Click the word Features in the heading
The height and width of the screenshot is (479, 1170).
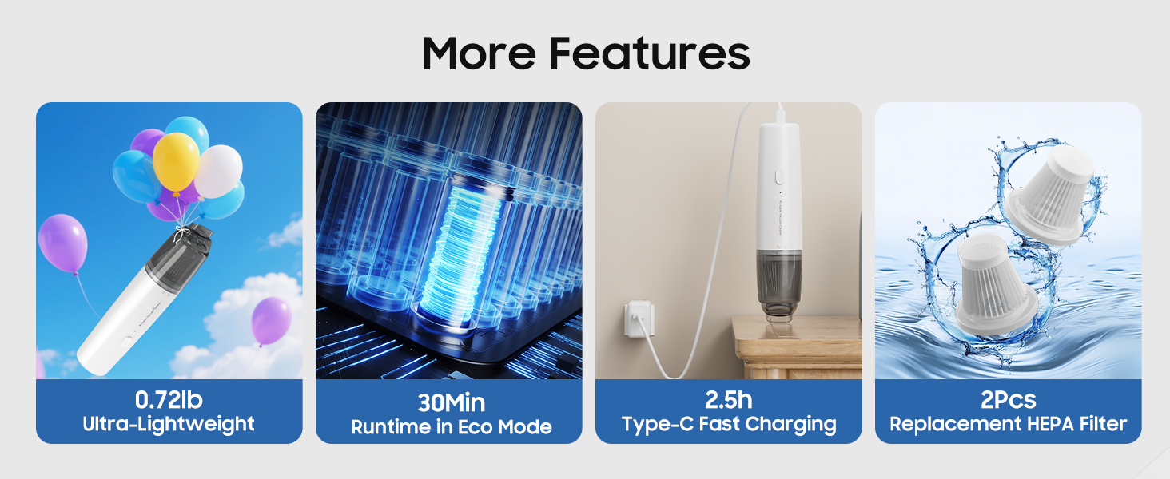(x=650, y=53)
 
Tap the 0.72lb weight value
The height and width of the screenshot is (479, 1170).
(x=169, y=399)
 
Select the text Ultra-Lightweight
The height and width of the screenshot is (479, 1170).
(x=169, y=424)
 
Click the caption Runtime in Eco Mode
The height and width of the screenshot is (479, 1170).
(x=451, y=427)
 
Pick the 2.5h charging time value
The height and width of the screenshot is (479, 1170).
(x=729, y=399)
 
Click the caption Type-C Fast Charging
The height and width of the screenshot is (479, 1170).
(x=729, y=425)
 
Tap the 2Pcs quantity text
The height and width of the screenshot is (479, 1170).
(x=1008, y=399)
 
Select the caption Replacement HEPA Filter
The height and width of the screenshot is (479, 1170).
(x=1008, y=425)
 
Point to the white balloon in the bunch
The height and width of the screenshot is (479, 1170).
(x=218, y=170)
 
